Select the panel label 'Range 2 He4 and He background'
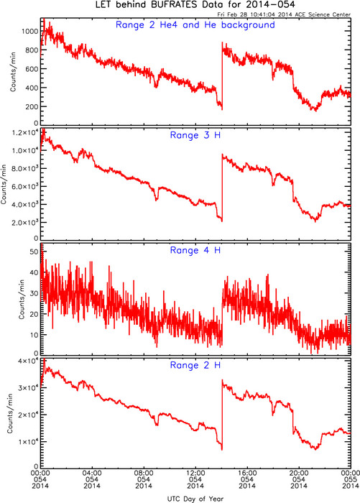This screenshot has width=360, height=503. click(195, 25)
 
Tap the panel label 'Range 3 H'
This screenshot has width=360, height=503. click(195, 135)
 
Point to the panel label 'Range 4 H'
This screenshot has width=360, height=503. click(195, 250)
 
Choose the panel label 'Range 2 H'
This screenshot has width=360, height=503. click(195, 365)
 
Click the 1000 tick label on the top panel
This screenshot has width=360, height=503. click(30, 31)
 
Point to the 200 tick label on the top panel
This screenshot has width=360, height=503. click(32, 106)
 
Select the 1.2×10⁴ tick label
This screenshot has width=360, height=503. click(25, 132)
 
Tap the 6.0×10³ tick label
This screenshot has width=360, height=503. click(25, 186)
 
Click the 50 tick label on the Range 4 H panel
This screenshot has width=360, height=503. click(34, 251)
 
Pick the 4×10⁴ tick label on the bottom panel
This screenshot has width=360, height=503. click(28, 361)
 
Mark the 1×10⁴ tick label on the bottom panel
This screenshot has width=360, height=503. click(28, 442)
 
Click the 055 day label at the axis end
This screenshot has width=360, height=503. click(351, 479)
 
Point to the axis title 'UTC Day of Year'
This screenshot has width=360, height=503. click(195, 499)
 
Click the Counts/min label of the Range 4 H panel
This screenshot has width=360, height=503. click(22, 299)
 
